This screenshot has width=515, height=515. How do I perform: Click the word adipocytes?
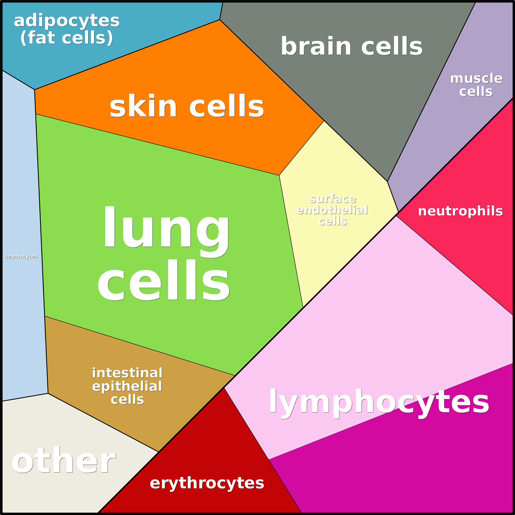pyautogui.click(x=67, y=21)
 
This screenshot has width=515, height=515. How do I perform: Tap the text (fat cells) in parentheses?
pyautogui.click(x=67, y=38)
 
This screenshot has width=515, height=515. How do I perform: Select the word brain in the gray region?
pyautogui.click(x=316, y=46)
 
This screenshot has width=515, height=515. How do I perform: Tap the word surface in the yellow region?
pyautogui.click(x=333, y=199)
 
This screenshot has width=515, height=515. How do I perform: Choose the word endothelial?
pyautogui.click(x=332, y=210)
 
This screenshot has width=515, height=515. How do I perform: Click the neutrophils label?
pyautogui.click(x=460, y=211)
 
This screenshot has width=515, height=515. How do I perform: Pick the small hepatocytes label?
pyautogui.click(x=21, y=256)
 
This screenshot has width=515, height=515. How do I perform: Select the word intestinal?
pyautogui.click(x=127, y=373)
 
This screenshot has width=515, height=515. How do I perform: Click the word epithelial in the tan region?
pyautogui.click(x=127, y=386)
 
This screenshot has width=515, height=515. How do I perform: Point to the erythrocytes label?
pyautogui.click(x=207, y=483)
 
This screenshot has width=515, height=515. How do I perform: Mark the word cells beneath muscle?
pyautogui.click(x=476, y=91)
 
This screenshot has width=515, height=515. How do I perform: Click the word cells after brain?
pyautogui.click(x=392, y=46)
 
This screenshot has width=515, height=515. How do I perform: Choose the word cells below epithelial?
pyautogui.click(x=127, y=400)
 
